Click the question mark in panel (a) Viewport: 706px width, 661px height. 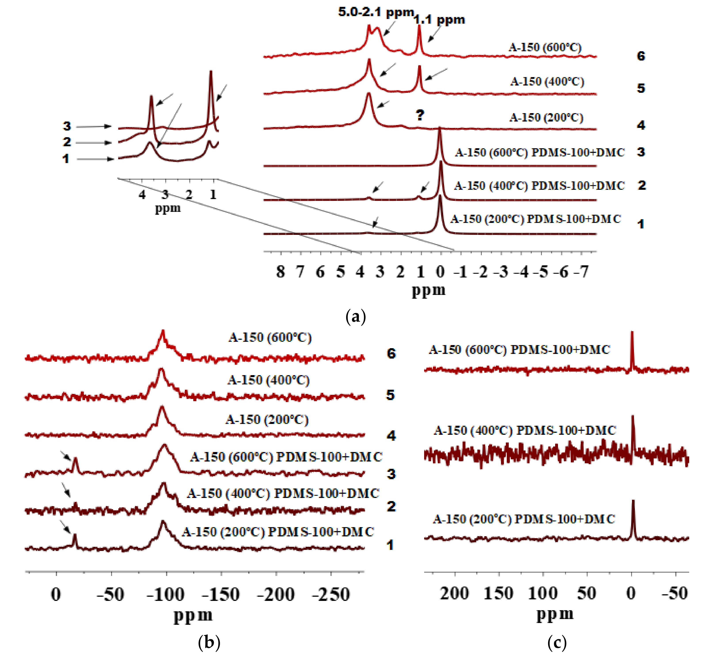(x=420, y=115)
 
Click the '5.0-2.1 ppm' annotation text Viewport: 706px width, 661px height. (x=376, y=12)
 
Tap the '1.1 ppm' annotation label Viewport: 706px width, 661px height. (x=439, y=20)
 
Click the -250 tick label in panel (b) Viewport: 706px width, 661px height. (x=331, y=594)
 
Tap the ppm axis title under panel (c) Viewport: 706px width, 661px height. (x=555, y=614)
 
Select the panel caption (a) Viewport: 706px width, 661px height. (x=355, y=316)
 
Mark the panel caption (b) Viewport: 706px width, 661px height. (x=209, y=642)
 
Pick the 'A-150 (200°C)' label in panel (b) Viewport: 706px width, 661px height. (x=267, y=420)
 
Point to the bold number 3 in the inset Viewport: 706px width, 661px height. (x=67, y=126)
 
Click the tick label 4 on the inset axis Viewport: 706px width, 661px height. (x=142, y=194)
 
